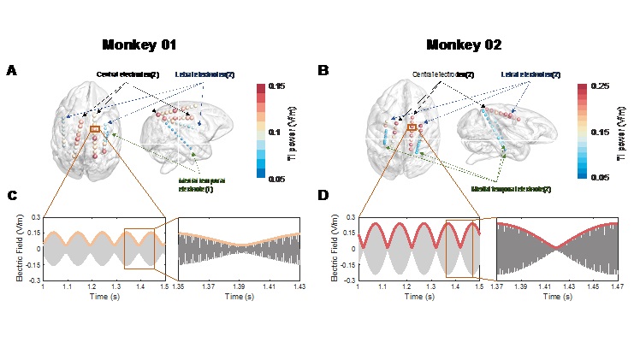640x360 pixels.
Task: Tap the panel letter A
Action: click(11, 70)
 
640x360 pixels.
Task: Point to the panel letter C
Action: click(11, 196)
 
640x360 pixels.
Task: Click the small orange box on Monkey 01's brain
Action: click(94, 129)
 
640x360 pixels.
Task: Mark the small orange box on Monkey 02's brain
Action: click(412, 127)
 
